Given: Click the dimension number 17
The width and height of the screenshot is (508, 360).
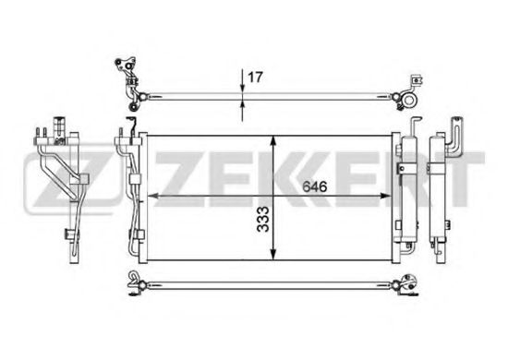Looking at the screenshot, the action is coord(255,78).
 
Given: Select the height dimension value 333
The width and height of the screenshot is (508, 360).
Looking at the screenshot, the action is coord(262,220).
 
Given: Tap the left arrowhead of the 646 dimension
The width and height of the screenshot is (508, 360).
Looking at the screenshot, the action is coord(152,196).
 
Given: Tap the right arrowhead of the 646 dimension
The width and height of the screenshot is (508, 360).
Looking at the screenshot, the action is coord(385,196).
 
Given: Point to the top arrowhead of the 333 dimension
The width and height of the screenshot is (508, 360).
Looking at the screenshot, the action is coord(274,141).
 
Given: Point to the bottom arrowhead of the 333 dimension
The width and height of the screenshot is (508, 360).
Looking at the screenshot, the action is coord(274,254).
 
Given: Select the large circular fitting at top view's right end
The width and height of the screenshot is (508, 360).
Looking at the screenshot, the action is coord(409,100).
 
